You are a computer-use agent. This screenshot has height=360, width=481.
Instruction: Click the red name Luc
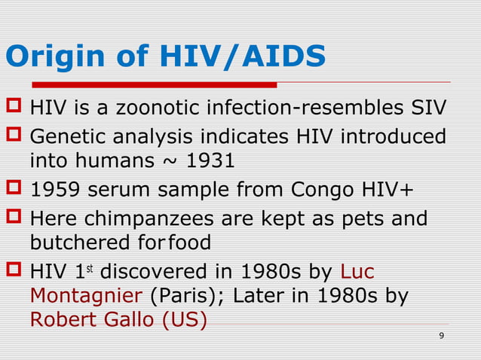(x=358, y=271)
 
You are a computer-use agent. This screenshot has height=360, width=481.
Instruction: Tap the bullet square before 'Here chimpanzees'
(x=14, y=218)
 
